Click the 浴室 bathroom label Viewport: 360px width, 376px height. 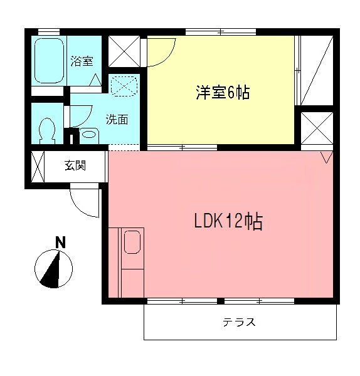coord(82,61)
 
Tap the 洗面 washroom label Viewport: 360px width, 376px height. coord(117,119)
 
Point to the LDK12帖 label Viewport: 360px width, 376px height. coord(226,222)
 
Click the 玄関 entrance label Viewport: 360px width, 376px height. coord(75,166)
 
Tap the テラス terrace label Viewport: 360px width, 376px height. coord(240,323)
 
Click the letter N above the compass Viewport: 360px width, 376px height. coord(60,242)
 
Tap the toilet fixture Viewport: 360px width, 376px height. coord(46,130)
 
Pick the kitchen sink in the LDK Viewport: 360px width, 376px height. coord(132,242)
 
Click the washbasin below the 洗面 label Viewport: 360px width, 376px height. coord(88,134)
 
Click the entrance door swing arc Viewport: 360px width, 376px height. coord(84,202)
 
